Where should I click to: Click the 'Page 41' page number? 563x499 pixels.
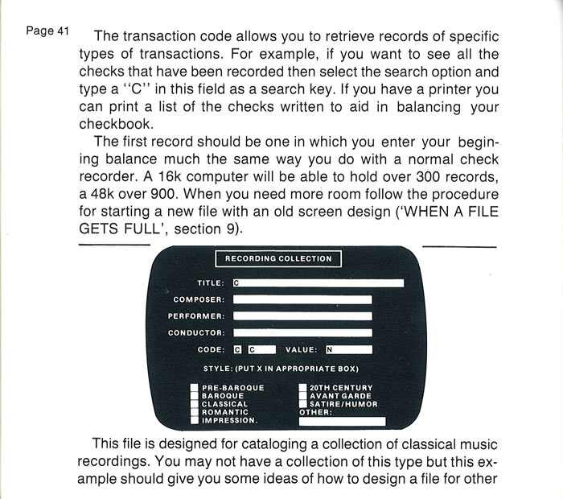[47, 31]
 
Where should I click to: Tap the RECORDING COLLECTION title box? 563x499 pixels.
[278, 258]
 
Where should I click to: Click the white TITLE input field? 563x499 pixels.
[318, 283]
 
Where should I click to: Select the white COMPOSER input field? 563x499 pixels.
[302, 299]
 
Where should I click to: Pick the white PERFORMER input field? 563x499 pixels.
[302, 316]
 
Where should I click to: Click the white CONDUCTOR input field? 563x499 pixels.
[302, 332]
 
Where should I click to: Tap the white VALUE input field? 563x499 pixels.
[349, 349]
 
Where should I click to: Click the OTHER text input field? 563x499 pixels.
[342, 422]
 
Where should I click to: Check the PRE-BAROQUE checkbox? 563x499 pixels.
[195, 388]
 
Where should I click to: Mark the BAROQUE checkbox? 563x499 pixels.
[195, 396]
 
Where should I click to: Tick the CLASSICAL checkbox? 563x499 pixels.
[195, 404]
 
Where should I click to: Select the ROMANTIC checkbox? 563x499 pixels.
[195, 412]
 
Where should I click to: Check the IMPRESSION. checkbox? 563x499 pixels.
[195, 420]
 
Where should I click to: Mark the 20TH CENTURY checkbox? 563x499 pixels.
[303, 388]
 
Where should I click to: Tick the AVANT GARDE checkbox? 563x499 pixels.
[303, 396]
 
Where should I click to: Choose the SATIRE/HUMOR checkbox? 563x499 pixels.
[303, 404]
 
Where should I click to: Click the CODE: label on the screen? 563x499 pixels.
[211, 349]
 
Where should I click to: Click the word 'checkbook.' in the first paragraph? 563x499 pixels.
[117, 124]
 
